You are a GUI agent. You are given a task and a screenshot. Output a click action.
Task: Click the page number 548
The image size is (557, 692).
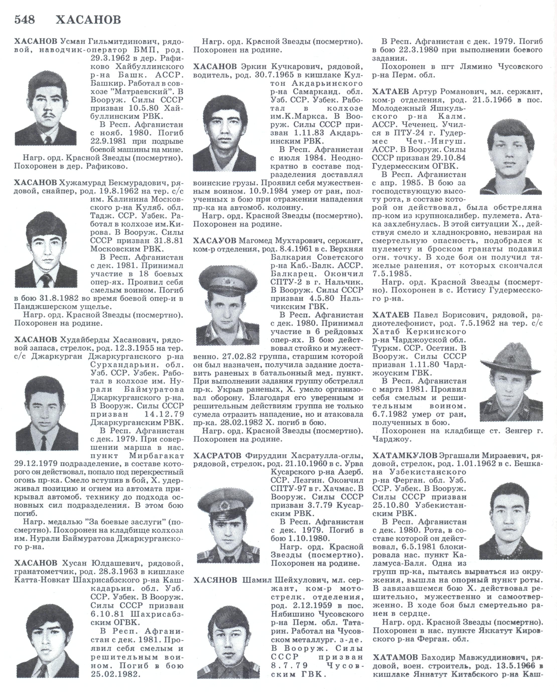point(24,20)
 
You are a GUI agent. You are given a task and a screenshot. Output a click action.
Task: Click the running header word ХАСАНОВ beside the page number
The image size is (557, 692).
point(88,20)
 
